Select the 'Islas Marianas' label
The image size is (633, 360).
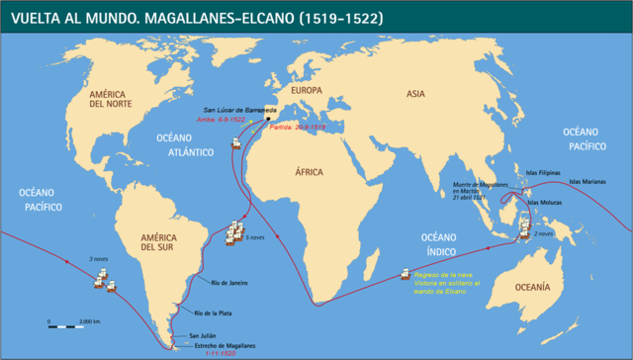click(590, 181)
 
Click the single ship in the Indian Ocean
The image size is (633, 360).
click(404, 274)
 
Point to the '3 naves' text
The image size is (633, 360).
click(99, 259)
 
